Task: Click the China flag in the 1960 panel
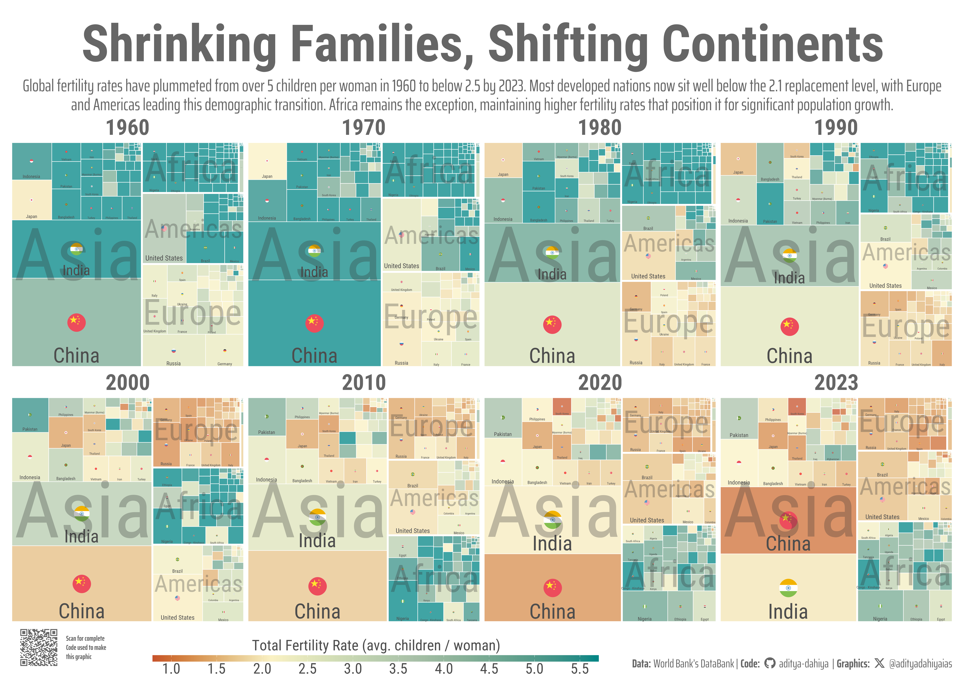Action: (x=76, y=322)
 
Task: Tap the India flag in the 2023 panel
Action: (x=788, y=588)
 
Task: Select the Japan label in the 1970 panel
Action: (x=267, y=176)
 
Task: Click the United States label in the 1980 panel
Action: (x=648, y=276)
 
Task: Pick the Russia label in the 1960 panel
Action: (x=173, y=363)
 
